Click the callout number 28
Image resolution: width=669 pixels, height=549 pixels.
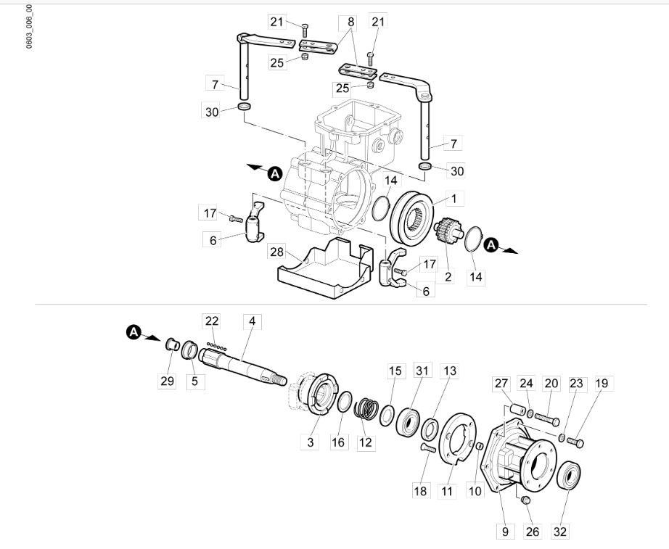pos(276,252)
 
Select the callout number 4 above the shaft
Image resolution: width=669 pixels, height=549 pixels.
pos(253,321)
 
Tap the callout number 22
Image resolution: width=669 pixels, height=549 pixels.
pos(212,321)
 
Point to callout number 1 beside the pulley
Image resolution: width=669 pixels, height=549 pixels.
pos(454,199)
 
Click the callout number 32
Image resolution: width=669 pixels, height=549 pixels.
pos(559,532)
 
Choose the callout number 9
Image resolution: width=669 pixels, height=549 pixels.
pos(505,532)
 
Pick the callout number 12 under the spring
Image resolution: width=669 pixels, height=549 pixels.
pos(365,442)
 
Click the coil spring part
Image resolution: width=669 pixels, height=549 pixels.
pos(366,408)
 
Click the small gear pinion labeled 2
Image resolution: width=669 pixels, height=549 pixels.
pos(447,230)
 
